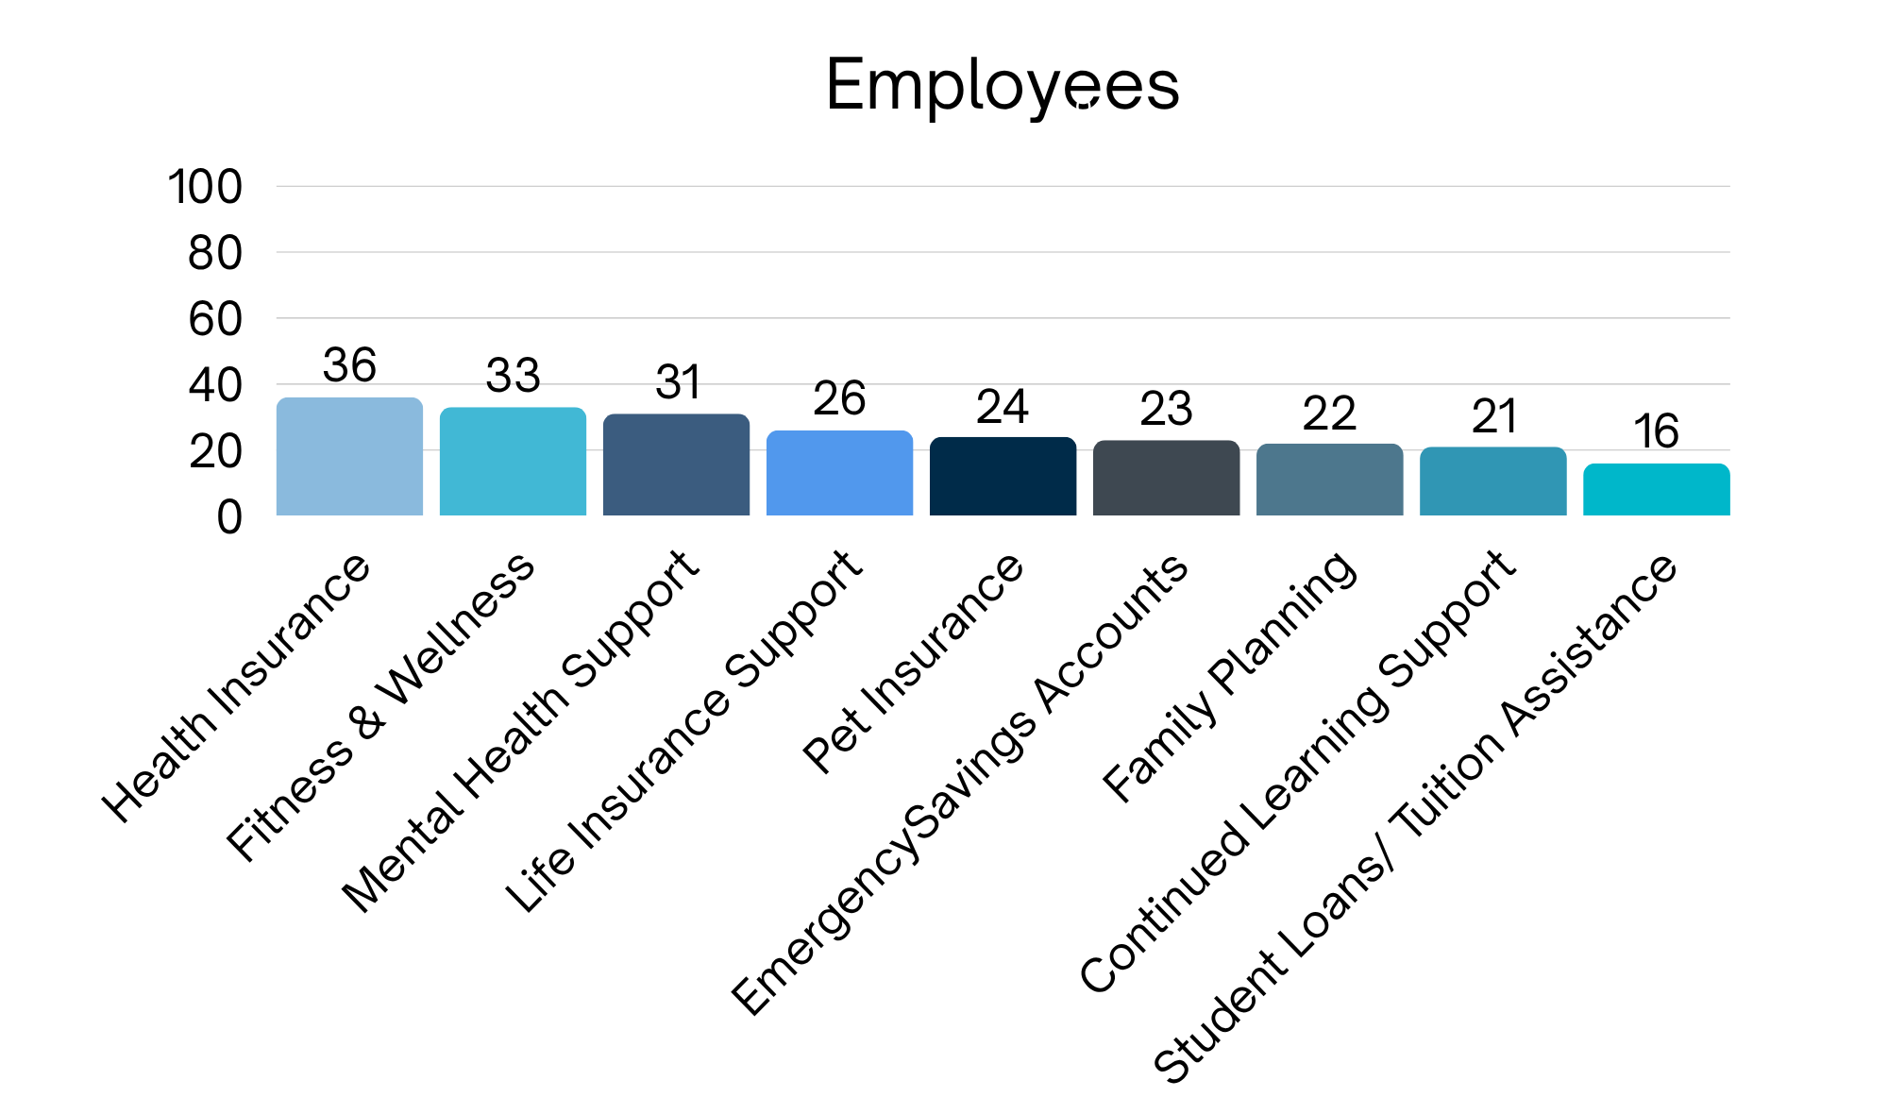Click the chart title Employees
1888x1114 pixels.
[x=1003, y=85]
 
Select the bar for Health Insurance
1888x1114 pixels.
[x=349, y=457]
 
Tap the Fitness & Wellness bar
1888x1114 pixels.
[x=513, y=462]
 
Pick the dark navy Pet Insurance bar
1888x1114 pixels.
[x=1003, y=477]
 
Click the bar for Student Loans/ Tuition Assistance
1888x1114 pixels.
[x=1656, y=490]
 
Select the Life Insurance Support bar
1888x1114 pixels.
[x=839, y=473]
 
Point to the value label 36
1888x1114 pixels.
[x=349, y=365]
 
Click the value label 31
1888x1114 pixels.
[x=677, y=382]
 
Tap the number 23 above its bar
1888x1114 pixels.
[x=1166, y=409]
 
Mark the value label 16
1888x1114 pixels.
[x=1656, y=431]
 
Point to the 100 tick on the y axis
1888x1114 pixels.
[x=205, y=187]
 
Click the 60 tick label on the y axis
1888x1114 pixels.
[x=214, y=320]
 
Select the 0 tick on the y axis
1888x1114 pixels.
[x=228, y=517]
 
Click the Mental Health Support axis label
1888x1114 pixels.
[x=521, y=732]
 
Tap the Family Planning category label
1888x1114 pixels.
[x=1230, y=676]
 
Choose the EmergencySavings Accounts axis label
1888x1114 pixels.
[x=960, y=784]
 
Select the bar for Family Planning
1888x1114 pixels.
[x=1329, y=480]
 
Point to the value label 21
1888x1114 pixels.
[x=1493, y=416]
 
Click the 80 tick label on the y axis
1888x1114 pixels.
[x=214, y=254]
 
